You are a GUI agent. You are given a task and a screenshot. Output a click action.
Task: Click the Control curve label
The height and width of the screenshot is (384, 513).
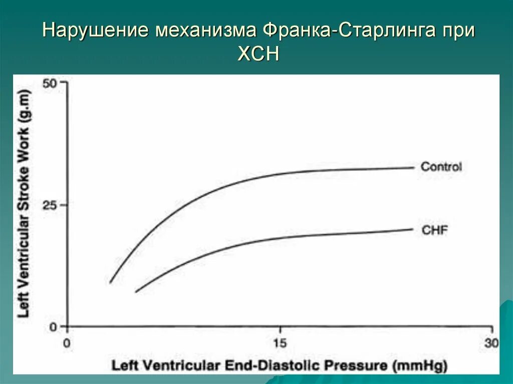coord(441,167)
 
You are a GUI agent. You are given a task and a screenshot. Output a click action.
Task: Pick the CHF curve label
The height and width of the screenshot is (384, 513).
coord(434,231)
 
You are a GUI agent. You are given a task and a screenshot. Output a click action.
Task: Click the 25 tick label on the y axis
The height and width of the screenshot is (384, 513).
coord(52,205)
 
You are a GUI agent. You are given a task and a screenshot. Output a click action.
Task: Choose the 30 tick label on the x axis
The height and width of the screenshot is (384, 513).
coord(491,343)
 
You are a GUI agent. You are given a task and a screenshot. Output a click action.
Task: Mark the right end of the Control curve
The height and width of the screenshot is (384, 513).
coord(414,167)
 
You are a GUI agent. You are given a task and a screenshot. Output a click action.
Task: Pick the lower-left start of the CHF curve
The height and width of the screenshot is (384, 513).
coord(136,291)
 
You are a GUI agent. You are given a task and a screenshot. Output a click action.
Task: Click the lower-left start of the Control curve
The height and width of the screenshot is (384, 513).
coord(110,283)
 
